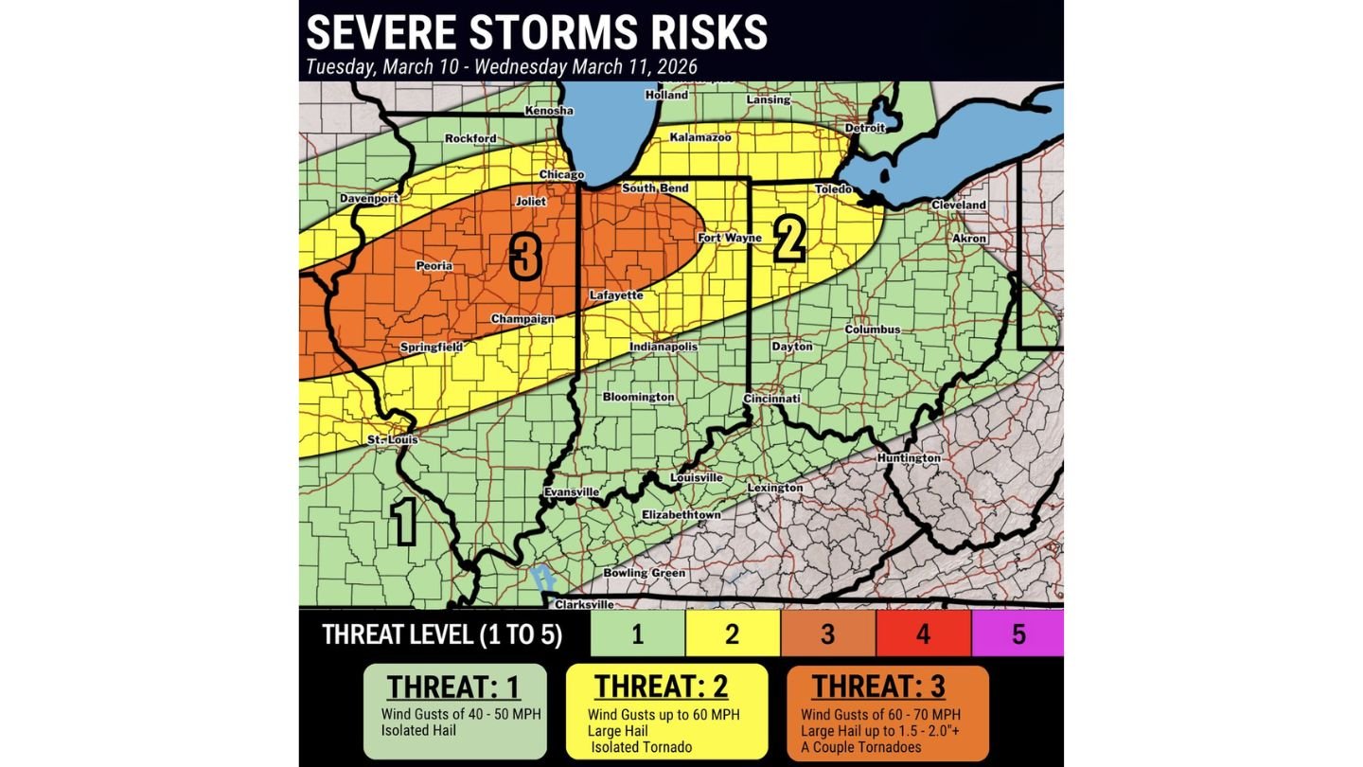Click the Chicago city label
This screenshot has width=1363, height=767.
pos(562,175)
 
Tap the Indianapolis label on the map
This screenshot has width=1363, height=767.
pos(664,347)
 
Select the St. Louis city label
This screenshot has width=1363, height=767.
pos(392,440)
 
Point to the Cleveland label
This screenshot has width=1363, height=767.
pos(958,205)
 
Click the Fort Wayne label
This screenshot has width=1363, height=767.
pos(730,238)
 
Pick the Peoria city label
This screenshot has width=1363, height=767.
pos(434,266)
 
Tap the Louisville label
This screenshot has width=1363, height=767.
pos(697,478)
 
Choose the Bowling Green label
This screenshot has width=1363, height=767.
pos(645,573)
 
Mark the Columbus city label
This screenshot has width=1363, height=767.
pos(872,330)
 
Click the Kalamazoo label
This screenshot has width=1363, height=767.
pos(700,138)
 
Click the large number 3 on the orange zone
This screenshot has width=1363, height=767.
pos(525,256)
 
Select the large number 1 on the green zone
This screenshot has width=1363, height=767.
pos(403,522)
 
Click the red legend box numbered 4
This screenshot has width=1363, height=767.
pos(923,633)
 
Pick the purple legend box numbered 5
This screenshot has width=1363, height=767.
pos(1018,633)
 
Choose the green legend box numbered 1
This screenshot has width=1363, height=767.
pos(637,633)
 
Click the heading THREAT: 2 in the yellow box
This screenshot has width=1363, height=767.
pos(665,687)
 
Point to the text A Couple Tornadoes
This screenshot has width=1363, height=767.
pos(860,747)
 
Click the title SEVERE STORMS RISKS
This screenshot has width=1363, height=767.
pos(537,32)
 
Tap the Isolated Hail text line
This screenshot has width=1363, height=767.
pos(418,730)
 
